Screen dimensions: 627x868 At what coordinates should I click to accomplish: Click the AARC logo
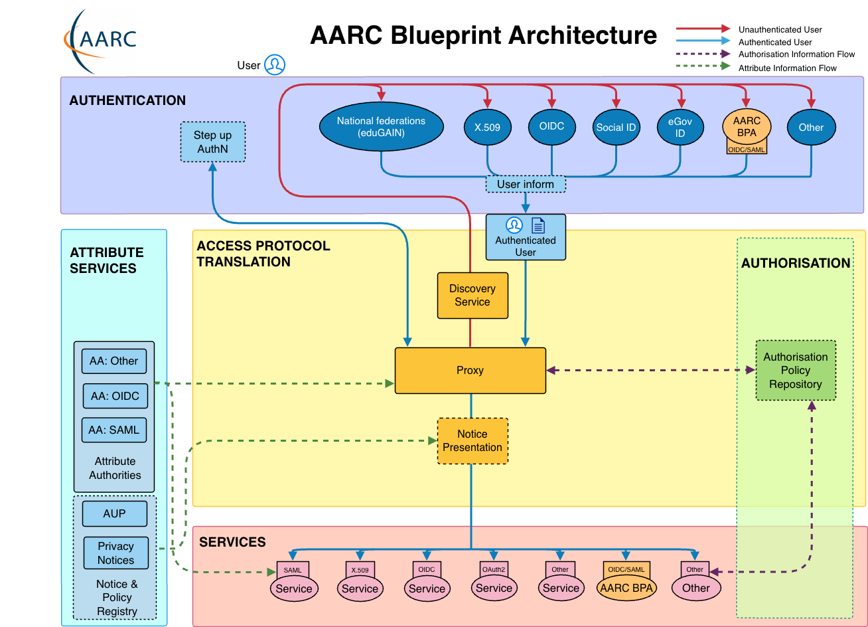coord(100,41)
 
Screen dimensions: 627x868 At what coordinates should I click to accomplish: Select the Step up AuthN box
coord(213,141)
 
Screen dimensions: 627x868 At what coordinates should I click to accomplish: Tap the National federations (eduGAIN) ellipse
coord(381,127)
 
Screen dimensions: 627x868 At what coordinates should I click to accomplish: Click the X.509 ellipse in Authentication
coord(487,128)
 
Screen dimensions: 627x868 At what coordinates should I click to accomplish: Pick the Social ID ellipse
coord(616,128)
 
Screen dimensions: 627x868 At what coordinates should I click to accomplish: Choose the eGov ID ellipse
coord(680,128)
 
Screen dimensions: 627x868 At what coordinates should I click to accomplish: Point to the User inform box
coord(526,184)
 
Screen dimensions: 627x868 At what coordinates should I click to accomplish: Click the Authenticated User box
coord(526,237)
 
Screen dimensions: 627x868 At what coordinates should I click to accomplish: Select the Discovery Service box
coord(472,296)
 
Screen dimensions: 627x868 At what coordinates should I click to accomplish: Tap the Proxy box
coord(470,371)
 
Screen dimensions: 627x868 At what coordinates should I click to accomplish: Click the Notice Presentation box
coord(472,441)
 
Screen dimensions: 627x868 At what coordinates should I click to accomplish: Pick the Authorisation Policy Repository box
coord(796,371)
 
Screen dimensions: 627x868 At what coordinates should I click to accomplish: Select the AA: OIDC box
coord(115,396)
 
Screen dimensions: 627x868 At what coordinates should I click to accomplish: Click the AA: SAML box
coord(114,430)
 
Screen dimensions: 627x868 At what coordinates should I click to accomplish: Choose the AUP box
coord(114,513)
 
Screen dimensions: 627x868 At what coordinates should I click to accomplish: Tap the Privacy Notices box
coord(115,553)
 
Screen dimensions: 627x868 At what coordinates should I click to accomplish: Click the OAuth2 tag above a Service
coord(494,569)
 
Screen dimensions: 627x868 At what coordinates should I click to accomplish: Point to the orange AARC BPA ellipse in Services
coord(626,588)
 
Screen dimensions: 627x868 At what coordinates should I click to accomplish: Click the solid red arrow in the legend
coord(703,29)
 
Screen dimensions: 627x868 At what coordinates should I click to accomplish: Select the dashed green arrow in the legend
coord(703,66)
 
